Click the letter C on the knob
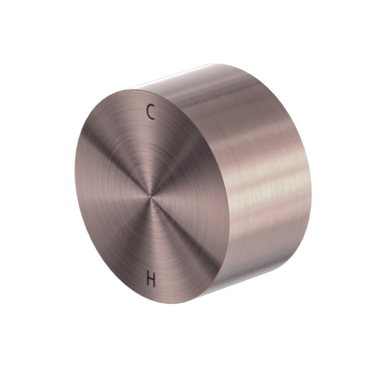151,112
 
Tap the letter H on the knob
151,279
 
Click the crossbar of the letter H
151,279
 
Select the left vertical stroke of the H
148,279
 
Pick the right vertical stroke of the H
155,279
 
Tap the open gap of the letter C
154,112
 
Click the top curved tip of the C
153,107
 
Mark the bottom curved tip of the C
153,117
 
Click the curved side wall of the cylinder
265,178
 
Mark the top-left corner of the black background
3,3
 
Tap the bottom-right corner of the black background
380,380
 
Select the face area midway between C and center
152,154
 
